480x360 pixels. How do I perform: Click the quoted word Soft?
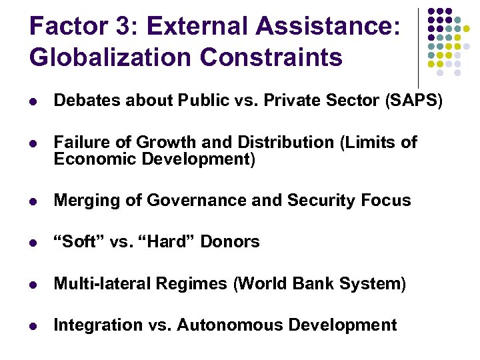[78, 241]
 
